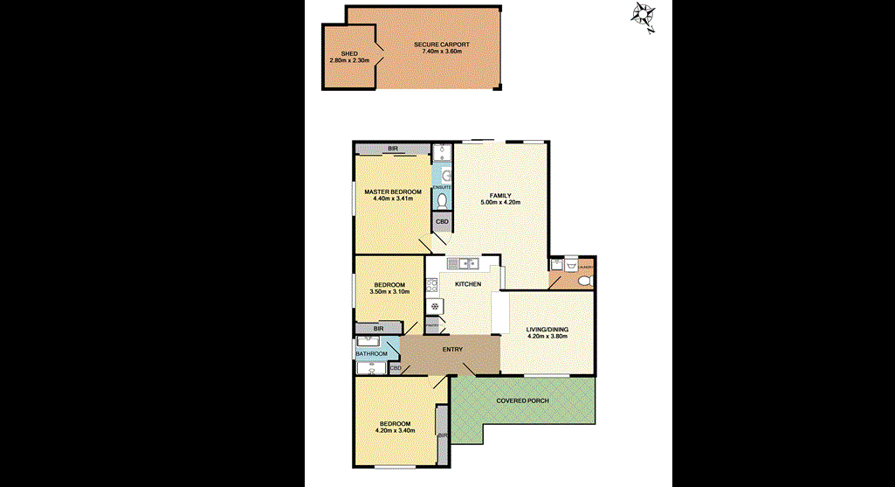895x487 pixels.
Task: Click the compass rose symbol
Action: click(x=644, y=16)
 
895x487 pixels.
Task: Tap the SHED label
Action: click(x=349, y=52)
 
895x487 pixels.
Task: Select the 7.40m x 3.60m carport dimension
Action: click(x=441, y=52)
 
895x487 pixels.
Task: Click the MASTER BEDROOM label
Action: click(x=393, y=191)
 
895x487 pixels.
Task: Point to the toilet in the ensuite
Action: click(x=443, y=201)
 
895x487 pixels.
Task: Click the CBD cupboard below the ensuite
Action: click(x=442, y=222)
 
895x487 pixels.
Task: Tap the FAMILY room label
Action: click(x=499, y=195)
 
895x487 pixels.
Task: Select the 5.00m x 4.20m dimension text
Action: click(x=500, y=203)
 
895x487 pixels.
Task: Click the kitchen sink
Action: click(x=463, y=262)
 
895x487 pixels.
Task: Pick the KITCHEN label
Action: click(x=468, y=284)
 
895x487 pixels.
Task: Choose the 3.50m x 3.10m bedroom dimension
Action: click(x=389, y=292)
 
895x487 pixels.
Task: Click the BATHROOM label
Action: click(x=371, y=354)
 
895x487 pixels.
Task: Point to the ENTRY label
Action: click(x=452, y=349)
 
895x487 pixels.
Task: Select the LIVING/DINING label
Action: click(x=547, y=330)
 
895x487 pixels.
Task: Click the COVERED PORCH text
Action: click(x=522, y=400)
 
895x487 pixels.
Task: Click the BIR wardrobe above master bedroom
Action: click(x=393, y=149)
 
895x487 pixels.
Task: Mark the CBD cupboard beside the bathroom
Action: click(x=395, y=368)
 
